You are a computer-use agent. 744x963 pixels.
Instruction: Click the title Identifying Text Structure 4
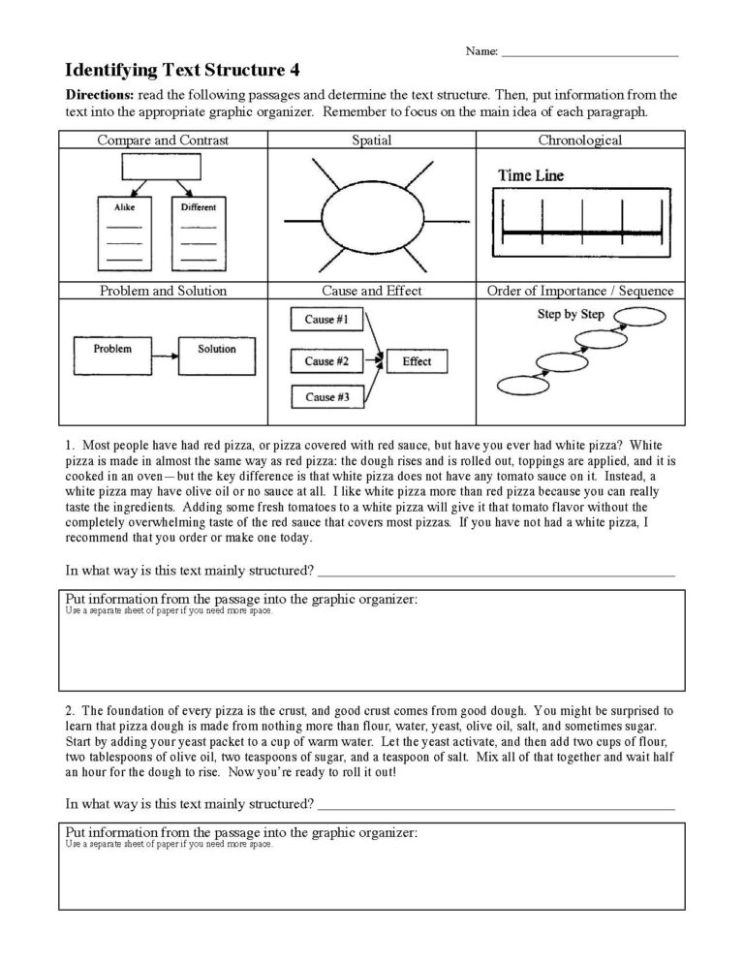(182, 70)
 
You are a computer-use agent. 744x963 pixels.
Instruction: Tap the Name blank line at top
(589, 53)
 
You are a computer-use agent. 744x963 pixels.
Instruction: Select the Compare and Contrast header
(163, 140)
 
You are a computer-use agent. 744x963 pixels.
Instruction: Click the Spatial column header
(371, 140)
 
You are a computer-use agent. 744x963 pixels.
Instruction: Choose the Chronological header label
(579, 140)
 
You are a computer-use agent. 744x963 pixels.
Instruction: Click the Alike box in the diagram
(123, 207)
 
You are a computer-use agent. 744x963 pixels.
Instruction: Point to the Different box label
(198, 207)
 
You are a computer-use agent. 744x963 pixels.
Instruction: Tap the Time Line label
(530, 176)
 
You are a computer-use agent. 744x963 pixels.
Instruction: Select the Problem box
(112, 350)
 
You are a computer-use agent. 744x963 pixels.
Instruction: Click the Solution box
(215, 350)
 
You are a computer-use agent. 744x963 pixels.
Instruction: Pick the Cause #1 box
(321, 320)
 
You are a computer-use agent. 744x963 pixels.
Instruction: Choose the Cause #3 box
(321, 397)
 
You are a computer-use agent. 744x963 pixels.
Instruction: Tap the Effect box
(417, 361)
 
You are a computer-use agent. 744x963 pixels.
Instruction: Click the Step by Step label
(570, 315)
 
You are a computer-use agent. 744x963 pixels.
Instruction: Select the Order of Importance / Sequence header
(579, 291)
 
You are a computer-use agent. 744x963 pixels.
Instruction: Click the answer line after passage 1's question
(495, 574)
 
